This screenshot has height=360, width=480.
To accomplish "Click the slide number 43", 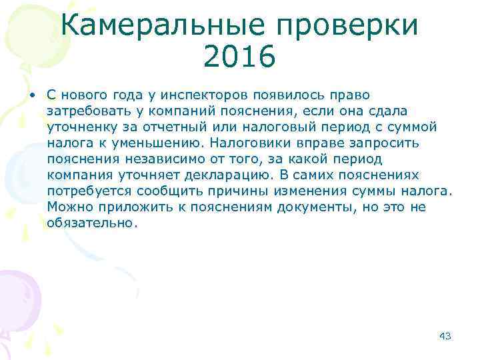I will [x=445, y=335].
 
